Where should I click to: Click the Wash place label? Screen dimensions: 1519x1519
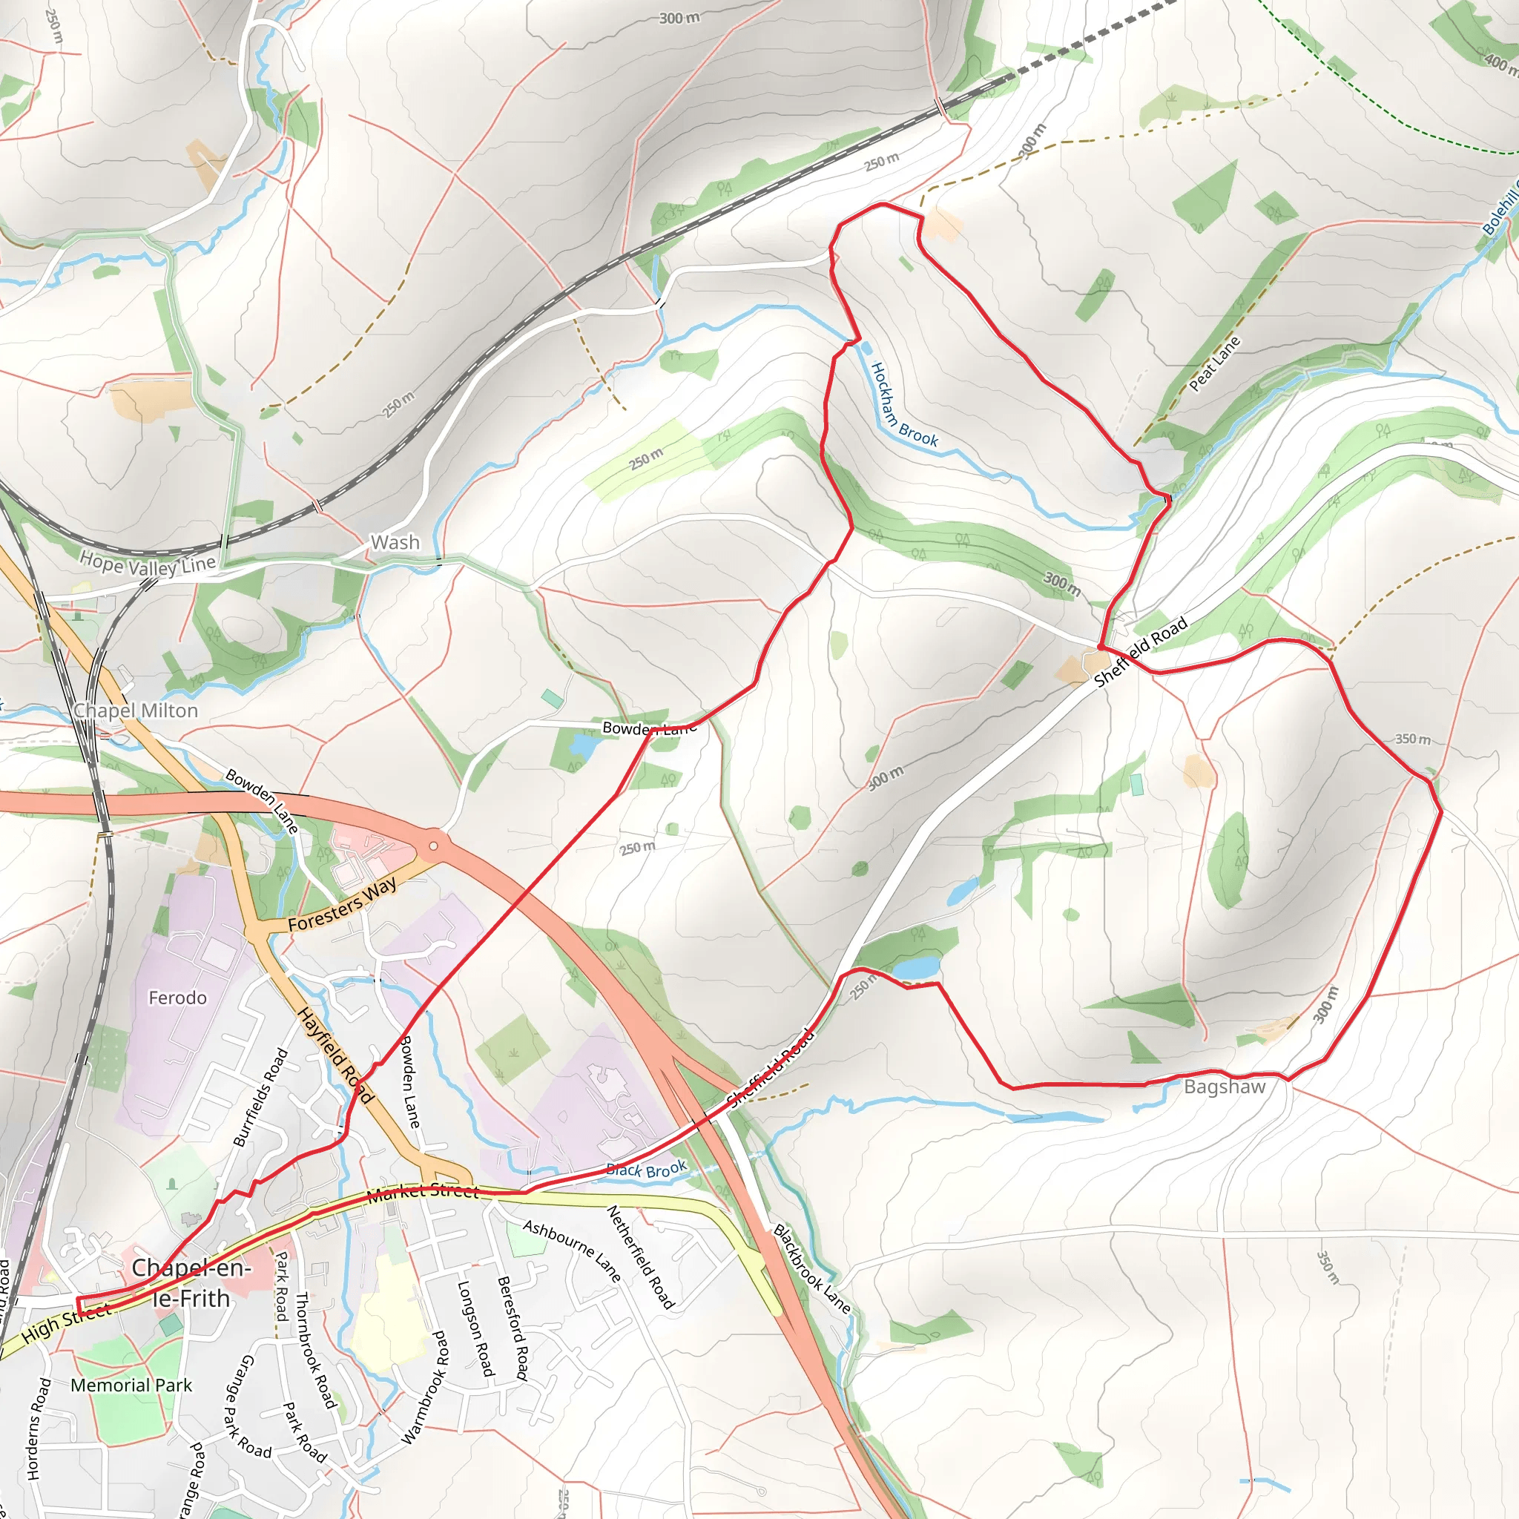point(395,542)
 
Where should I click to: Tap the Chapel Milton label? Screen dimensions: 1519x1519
point(136,711)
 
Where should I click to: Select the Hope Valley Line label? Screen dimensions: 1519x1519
point(148,564)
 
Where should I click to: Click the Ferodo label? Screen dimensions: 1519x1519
point(178,998)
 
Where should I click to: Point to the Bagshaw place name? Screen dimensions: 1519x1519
point(1225,1087)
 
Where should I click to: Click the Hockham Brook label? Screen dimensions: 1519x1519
point(904,406)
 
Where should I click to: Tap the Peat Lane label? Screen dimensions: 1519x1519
point(1214,363)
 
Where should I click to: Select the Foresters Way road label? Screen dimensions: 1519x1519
point(342,906)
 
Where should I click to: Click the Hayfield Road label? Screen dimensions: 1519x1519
point(336,1056)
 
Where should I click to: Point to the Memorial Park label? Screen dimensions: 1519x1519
point(131,1385)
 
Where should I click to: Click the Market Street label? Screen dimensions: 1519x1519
point(423,1192)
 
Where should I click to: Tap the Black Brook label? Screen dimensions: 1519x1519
point(646,1170)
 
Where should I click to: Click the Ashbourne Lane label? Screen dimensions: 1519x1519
point(572,1251)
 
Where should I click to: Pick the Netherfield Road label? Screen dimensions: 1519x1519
point(641,1257)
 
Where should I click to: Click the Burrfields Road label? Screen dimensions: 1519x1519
point(261,1098)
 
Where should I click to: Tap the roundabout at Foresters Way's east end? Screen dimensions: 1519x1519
point(432,847)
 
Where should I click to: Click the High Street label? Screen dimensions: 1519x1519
point(66,1322)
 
